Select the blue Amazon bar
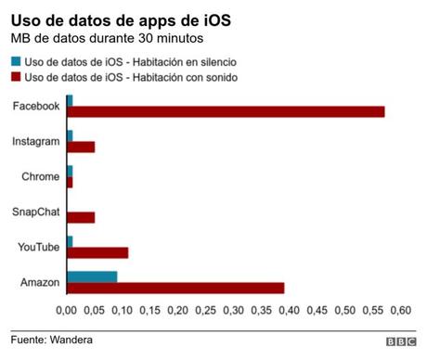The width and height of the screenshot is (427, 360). (92, 276)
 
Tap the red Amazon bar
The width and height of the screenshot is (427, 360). (175, 288)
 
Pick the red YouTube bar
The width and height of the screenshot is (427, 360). (97, 252)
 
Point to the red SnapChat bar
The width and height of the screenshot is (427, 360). (81, 217)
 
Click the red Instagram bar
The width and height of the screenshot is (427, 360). (81, 147)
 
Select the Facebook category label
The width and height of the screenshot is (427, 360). (36, 106)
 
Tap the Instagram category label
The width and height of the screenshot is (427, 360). (36, 141)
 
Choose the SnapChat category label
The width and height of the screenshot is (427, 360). (35, 212)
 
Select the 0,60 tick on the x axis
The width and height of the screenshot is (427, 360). (400, 310)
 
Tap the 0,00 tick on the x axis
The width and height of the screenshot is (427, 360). (68, 310)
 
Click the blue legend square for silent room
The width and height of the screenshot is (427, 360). (16, 61)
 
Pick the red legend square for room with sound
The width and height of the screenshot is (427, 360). (16, 77)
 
